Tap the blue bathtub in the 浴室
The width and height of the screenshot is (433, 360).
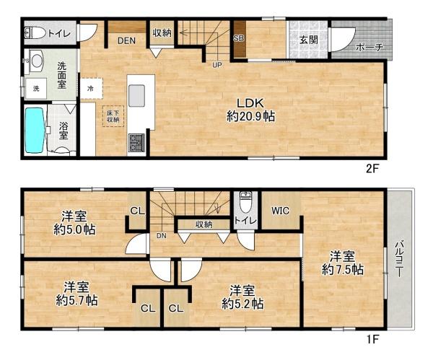[x=34, y=129]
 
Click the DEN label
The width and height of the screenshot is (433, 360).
[x=128, y=40]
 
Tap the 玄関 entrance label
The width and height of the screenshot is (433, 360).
[x=309, y=40]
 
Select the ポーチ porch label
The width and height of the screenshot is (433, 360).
[x=369, y=48]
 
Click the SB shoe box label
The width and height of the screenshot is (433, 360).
[x=238, y=38]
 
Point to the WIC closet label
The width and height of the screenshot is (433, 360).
[x=281, y=211]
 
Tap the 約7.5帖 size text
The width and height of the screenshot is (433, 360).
[x=342, y=270]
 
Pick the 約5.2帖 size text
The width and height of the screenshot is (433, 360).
[x=242, y=304]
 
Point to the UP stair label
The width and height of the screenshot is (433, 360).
[x=216, y=65]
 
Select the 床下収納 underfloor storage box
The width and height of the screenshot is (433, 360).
[x=113, y=117]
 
